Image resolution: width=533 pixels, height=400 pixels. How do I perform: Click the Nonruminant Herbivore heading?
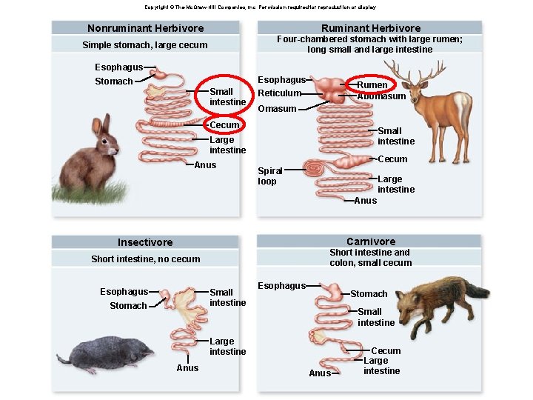point(145,28)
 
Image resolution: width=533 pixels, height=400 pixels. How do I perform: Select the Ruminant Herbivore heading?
point(370,28)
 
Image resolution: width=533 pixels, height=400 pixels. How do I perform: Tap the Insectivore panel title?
point(145,242)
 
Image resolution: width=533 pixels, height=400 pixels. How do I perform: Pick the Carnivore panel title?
point(371,241)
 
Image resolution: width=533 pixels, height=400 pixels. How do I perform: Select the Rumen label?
point(372,85)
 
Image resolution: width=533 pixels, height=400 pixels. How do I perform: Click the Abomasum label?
point(381,96)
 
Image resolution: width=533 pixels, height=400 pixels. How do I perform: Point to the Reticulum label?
point(279,93)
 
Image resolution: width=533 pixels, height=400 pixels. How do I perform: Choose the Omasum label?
point(276,109)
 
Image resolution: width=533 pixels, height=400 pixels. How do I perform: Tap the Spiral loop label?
point(269,176)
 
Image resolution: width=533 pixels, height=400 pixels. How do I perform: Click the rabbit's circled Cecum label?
point(224,125)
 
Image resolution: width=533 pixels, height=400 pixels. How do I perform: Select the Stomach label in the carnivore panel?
point(369,294)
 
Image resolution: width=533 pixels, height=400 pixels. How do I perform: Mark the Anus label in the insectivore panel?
point(187,367)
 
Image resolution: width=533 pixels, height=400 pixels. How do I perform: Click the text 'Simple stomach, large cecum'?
point(145,45)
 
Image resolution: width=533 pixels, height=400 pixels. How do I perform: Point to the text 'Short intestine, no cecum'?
point(146,259)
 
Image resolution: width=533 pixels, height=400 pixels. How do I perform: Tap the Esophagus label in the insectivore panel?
point(124,292)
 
